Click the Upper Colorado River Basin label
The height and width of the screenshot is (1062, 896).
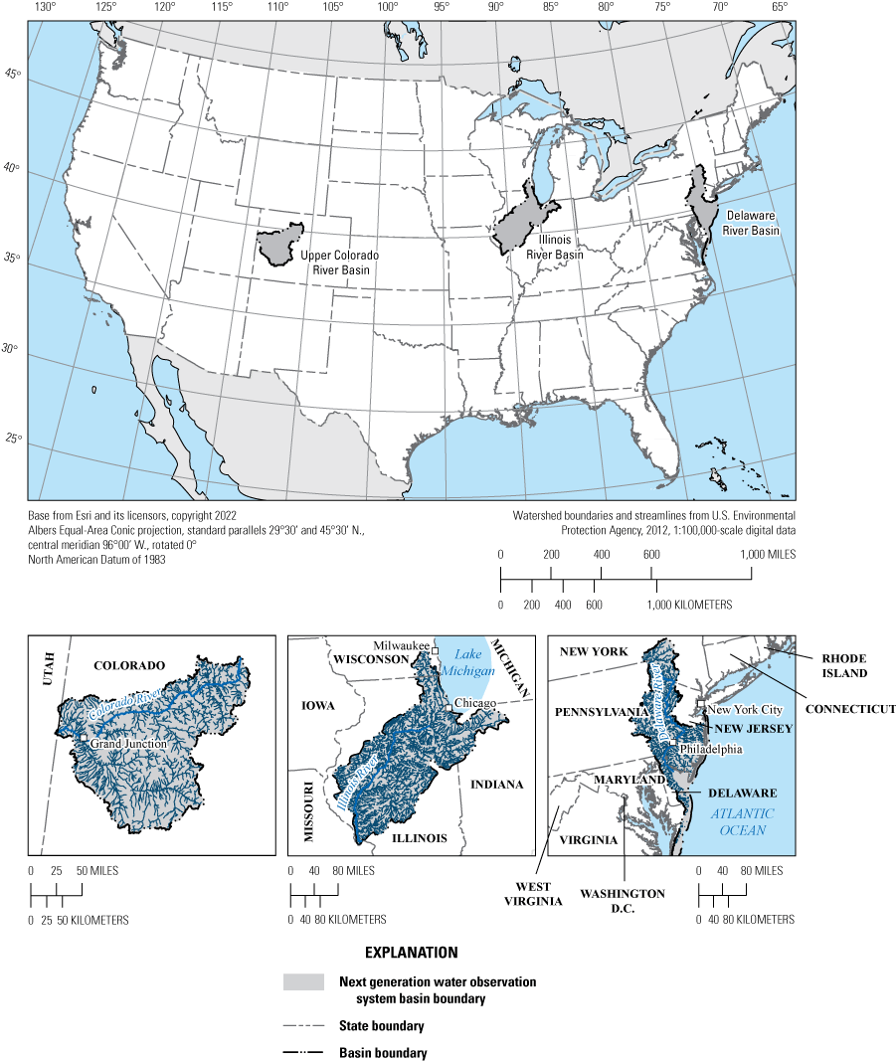(339, 262)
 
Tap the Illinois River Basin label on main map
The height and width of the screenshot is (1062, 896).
(555, 247)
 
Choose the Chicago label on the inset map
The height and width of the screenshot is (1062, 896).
(476, 704)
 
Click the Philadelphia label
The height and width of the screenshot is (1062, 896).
(710, 749)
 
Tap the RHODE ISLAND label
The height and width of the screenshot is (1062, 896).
(845, 665)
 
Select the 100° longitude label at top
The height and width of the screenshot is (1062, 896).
(388, 7)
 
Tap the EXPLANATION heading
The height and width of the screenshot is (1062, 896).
(411, 952)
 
